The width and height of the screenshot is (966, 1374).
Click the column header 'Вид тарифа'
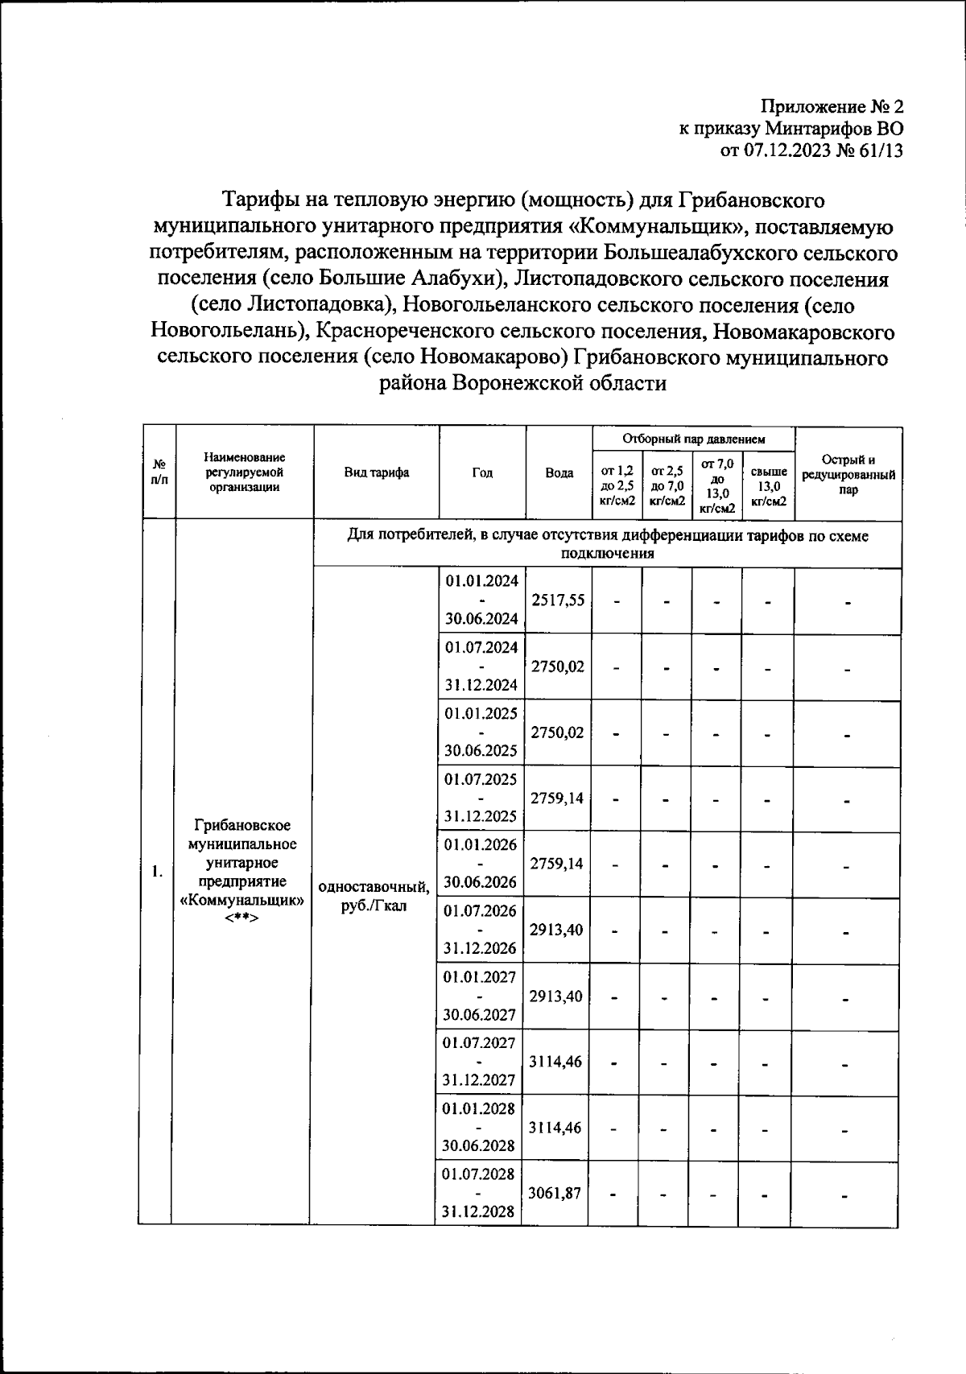tap(376, 472)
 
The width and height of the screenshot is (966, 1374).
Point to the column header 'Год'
tap(482, 472)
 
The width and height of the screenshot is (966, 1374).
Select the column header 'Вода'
tap(559, 472)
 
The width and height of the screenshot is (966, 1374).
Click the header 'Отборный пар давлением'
tap(693, 439)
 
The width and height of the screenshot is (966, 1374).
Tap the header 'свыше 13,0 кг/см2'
tap(768, 487)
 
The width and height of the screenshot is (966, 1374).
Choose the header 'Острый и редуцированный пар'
tap(848, 474)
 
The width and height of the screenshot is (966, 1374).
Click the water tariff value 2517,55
tap(558, 600)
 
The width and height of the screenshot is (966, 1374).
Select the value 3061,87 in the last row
tap(555, 1193)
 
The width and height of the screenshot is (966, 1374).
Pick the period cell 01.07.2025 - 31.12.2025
tap(481, 798)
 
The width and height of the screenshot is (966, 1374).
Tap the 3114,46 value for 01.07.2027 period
tap(555, 1061)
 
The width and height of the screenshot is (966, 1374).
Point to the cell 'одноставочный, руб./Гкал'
tap(374, 896)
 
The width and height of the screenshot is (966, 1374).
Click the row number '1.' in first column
tap(157, 871)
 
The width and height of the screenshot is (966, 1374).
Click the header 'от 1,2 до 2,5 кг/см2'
tap(617, 486)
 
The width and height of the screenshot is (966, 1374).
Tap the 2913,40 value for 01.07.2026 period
tap(556, 930)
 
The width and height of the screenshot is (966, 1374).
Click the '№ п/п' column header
tap(159, 472)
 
